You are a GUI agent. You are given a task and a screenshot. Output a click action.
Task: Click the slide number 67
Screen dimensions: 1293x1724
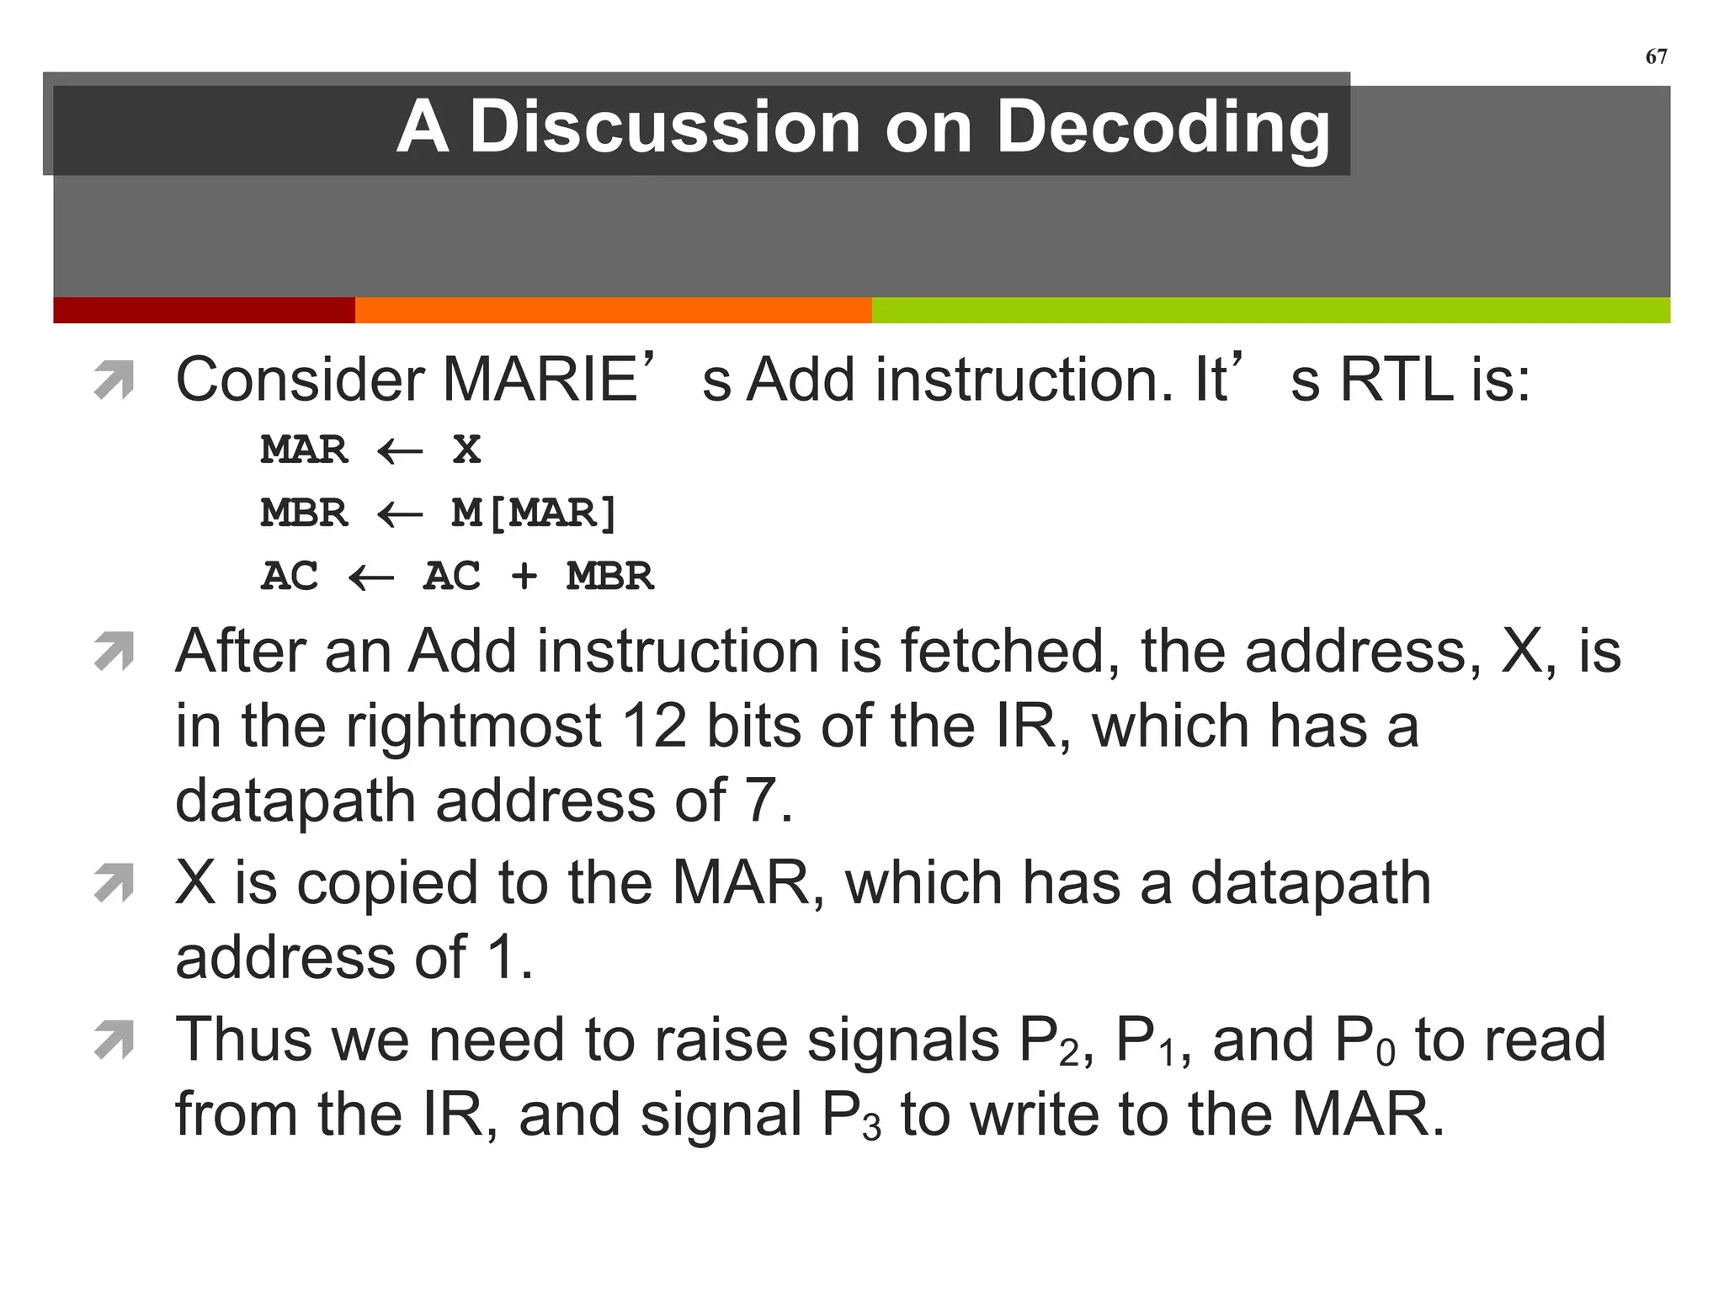pyautogui.click(x=1656, y=56)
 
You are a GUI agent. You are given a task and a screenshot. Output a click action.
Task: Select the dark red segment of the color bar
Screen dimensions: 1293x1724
pyautogui.click(x=204, y=310)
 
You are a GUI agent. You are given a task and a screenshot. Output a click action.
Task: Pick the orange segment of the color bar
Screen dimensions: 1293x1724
pyautogui.click(x=613, y=310)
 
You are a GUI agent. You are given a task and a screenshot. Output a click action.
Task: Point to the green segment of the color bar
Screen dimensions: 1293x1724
pyautogui.click(x=1270, y=310)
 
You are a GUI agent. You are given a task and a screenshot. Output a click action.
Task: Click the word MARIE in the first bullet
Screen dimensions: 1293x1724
pyautogui.click(x=540, y=380)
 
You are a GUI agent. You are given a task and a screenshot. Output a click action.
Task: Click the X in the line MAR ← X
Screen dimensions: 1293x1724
pyautogui.click(x=466, y=450)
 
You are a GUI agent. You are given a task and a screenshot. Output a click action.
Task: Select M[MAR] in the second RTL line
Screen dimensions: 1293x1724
pyautogui.click(x=535, y=513)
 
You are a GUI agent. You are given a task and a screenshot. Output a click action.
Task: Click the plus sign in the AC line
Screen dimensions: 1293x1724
pyautogui.click(x=524, y=577)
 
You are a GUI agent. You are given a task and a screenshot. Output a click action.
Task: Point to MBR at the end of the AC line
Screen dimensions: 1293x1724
pyautogui.click(x=609, y=577)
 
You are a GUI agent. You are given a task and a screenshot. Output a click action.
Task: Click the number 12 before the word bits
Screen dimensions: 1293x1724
pyautogui.click(x=653, y=726)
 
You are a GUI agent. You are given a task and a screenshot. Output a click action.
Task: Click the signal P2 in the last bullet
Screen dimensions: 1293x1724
pyautogui.click(x=1049, y=1042)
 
